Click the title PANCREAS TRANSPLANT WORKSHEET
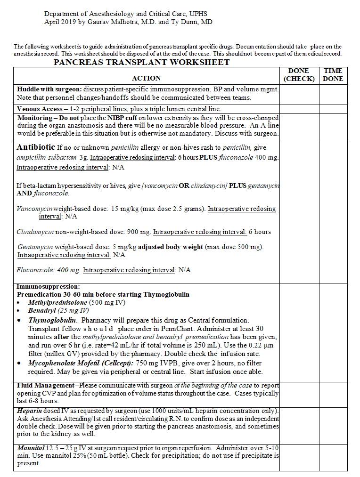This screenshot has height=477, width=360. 141,62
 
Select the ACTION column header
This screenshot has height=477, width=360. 146,78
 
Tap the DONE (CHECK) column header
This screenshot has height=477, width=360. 299,75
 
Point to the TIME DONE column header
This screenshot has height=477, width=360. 333,75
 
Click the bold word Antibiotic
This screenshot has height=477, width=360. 36,147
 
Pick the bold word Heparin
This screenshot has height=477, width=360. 28,411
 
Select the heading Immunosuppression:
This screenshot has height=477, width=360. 48,286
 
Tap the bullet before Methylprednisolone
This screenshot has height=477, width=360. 19,303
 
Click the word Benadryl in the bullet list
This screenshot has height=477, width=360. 42,310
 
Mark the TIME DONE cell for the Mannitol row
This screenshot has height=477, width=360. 333,456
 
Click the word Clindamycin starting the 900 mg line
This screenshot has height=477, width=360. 35,232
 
